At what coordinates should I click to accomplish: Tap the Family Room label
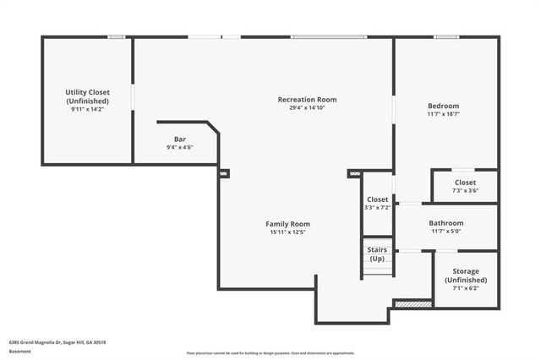click(287, 224)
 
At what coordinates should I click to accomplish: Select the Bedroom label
click(443, 106)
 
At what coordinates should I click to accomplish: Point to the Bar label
click(179, 139)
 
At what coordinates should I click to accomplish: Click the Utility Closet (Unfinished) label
click(87, 95)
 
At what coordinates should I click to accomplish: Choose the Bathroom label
click(447, 223)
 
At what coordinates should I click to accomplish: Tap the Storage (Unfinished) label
click(465, 275)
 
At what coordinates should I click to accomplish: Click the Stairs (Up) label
click(377, 254)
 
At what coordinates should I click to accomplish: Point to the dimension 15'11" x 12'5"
click(287, 232)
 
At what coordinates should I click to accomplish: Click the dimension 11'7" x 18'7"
click(443, 114)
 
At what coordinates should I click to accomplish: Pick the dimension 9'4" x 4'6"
click(179, 148)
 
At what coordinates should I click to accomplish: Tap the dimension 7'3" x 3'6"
click(465, 191)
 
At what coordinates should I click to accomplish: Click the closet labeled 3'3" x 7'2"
click(377, 203)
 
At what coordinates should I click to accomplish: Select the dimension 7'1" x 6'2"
click(465, 288)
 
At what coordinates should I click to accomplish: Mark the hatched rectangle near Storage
click(413, 303)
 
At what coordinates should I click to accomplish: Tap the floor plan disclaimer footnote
click(270, 353)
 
